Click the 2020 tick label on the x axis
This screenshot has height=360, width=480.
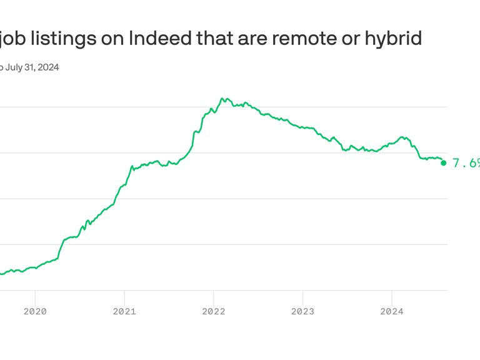[35, 311]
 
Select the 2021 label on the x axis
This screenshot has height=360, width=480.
[124, 311]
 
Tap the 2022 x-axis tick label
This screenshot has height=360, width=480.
[214, 311]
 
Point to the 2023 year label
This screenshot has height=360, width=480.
[302, 311]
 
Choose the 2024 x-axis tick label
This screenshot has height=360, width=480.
[392, 311]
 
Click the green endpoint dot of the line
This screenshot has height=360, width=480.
[444, 163]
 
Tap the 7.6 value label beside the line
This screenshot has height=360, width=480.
[465, 163]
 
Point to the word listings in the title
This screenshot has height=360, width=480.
[59, 38]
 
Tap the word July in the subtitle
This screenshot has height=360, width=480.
[16, 67]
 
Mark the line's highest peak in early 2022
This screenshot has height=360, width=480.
[222, 98]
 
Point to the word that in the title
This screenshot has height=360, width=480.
[217, 38]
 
